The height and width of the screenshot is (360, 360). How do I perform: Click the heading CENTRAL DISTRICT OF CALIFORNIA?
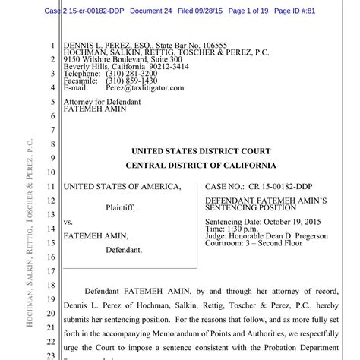pyautogui.click(x=201, y=166)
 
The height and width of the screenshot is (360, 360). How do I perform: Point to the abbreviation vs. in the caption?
pyautogui.click(x=68, y=223)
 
